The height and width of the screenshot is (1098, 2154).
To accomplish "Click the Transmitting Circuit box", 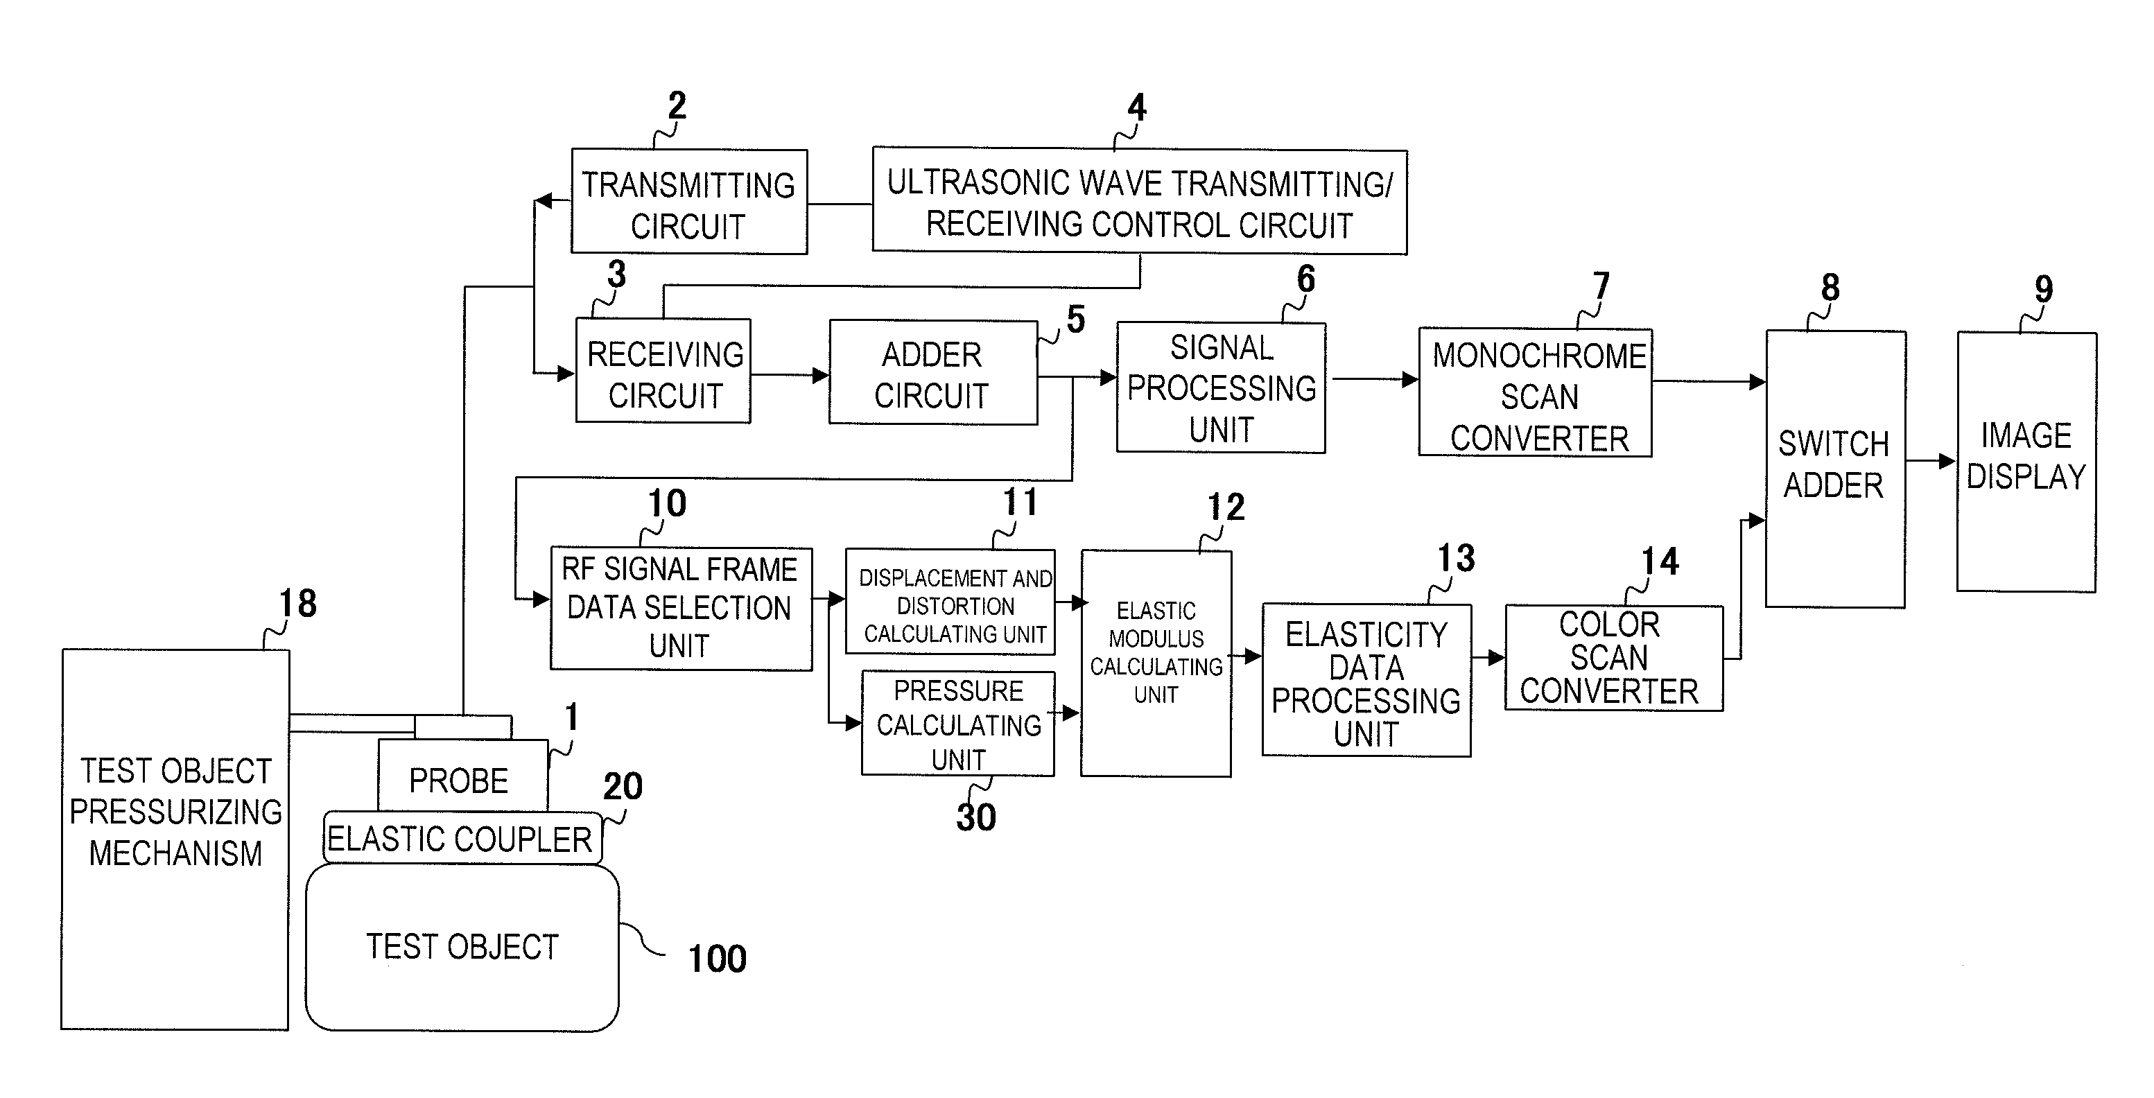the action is click(689, 202).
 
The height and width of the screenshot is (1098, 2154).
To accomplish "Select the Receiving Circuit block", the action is click(663, 370).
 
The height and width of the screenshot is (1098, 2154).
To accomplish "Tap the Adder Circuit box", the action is click(933, 372).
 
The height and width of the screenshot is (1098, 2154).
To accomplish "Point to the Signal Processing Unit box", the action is click(1221, 387).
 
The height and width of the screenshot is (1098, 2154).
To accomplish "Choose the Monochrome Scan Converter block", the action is click(1535, 392).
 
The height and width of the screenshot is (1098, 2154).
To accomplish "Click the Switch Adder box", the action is click(1835, 469).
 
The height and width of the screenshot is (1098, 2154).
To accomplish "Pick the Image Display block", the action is click(2026, 462).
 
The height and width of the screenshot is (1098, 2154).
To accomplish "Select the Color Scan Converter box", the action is click(1614, 658).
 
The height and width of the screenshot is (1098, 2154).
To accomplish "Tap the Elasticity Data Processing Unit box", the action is click(1366, 680).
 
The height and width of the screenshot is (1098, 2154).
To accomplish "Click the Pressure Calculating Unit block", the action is click(958, 724).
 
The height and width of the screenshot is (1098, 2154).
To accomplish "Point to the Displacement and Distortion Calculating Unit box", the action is click(950, 601).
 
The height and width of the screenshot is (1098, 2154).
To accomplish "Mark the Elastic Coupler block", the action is click(462, 837).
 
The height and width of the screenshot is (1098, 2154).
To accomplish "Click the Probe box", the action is click(463, 775).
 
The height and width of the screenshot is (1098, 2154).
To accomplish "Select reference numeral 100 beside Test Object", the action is click(717, 959).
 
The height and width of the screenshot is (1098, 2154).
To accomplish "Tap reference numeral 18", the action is click(297, 603).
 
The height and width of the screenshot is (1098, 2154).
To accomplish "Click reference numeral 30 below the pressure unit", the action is click(976, 817).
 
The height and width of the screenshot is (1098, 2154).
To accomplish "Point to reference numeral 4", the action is click(1136, 107).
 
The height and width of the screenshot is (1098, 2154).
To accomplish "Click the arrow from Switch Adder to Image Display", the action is click(1931, 461).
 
